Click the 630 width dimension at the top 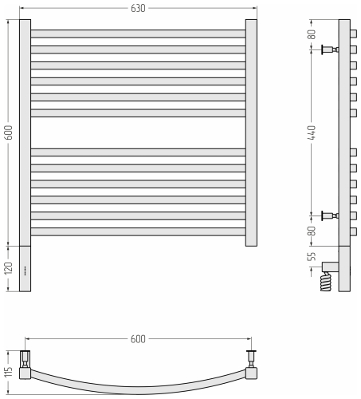138,8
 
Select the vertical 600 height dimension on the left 9,132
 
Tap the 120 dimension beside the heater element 9,268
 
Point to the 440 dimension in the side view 312,132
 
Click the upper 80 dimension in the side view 312,34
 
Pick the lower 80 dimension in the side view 312,231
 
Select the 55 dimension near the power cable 312,256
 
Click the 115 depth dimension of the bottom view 9,372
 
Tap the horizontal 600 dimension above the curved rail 138,339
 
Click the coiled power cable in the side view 326,282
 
